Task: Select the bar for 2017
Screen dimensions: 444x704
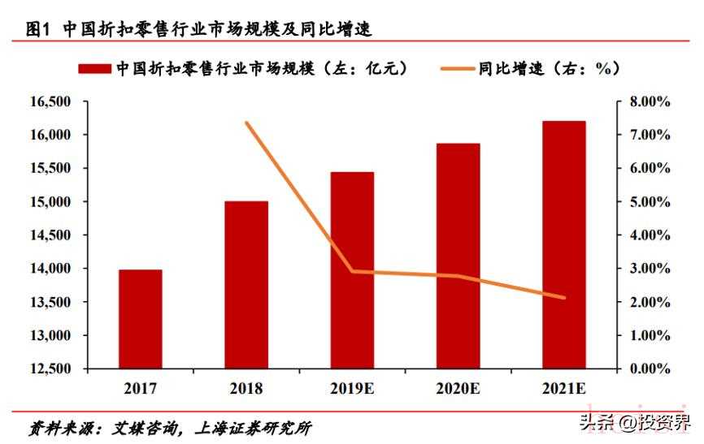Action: [x=141, y=319]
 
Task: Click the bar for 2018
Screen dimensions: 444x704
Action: [x=246, y=285]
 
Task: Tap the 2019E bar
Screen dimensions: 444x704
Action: [x=352, y=270]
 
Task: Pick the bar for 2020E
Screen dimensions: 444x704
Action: [x=458, y=256]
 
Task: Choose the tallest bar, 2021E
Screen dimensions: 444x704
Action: [x=564, y=244]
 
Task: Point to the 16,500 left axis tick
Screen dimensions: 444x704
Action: [x=50, y=101]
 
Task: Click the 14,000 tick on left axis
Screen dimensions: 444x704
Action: [x=50, y=269]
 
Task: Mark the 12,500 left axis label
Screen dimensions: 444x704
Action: [x=50, y=369]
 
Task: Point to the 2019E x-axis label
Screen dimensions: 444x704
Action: [x=353, y=389]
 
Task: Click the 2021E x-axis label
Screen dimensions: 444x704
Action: [x=564, y=389]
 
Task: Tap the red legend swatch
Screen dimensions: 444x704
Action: [x=94, y=68]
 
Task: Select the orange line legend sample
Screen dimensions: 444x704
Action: [x=452, y=69]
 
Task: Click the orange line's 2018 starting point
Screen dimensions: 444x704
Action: [x=246, y=123]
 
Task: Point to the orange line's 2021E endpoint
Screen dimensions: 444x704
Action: [x=564, y=298]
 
